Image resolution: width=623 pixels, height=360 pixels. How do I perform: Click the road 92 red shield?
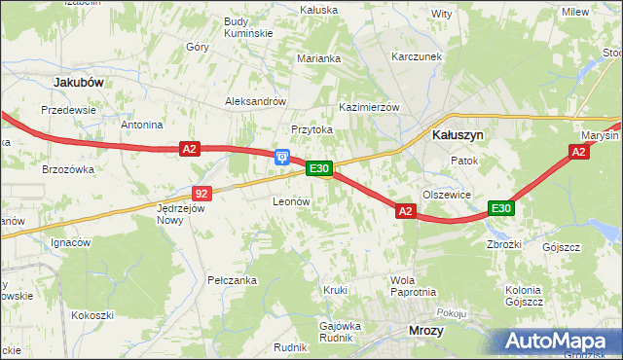click(x=202, y=194)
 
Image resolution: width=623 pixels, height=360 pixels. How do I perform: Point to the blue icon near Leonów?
click(x=282, y=156)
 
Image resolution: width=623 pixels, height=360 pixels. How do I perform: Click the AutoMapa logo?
click(x=561, y=342)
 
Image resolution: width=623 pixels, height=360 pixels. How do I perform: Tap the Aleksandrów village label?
click(x=255, y=101)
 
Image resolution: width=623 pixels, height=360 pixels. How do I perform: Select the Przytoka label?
click(x=312, y=129)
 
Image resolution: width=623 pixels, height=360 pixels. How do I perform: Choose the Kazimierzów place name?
click(x=369, y=107)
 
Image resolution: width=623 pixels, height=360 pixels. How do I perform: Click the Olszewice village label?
click(x=448, y=195)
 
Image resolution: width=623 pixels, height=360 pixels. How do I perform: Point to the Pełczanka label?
click(x=232, y=280)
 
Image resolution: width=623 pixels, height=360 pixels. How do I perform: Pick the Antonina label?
click(x=141, y=126)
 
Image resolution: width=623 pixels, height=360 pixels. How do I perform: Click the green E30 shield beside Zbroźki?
click(x=500, y=208)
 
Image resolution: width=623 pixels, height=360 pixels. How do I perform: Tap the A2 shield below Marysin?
click(x=579, y=152)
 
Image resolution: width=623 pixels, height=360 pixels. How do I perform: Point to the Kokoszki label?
click(x=92, y=315)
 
